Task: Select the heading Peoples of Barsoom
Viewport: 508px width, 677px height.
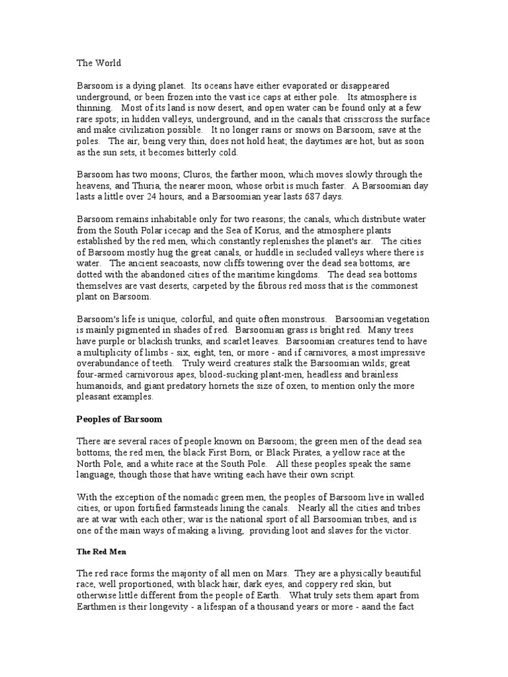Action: click(x=120, y=420)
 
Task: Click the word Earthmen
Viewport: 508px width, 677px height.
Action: click(x=98, y=606)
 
